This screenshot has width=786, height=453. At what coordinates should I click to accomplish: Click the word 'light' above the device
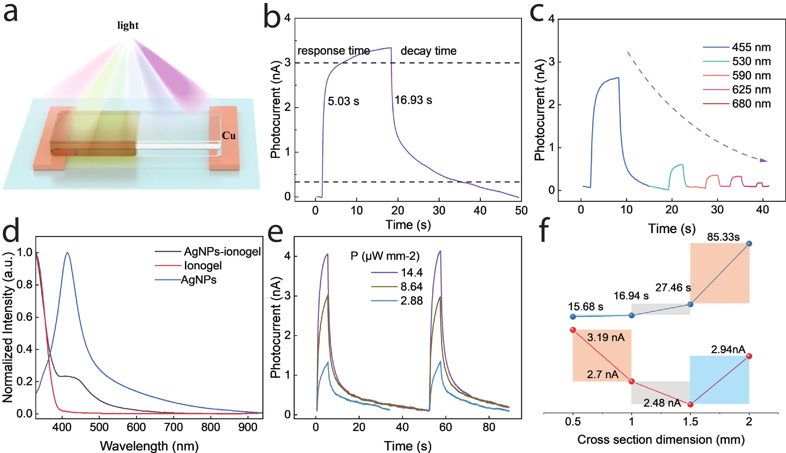pos(128,25)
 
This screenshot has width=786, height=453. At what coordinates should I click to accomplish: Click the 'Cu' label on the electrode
pos(229,136)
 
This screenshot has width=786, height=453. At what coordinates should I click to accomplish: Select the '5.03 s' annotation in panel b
pos(343,101)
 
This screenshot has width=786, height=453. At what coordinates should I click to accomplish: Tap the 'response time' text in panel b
pos(334,51)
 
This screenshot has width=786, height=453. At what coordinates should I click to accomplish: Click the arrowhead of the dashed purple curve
pos(763,160)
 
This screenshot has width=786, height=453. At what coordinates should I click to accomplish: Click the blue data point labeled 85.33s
pos(749,244)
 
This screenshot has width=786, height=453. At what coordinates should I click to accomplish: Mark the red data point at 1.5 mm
pos(690,404)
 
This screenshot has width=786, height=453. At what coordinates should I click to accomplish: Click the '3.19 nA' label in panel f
pos(606,338)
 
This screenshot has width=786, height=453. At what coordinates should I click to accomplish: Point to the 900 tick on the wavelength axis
pos(248,427)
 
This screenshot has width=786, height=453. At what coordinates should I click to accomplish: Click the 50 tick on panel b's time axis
pos(521,211)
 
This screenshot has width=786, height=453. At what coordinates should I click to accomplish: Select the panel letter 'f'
pos(544,230)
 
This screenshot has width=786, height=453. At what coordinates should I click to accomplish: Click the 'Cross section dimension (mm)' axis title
pos(661,440)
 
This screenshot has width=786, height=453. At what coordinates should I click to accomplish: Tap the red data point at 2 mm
pos(749,356)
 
